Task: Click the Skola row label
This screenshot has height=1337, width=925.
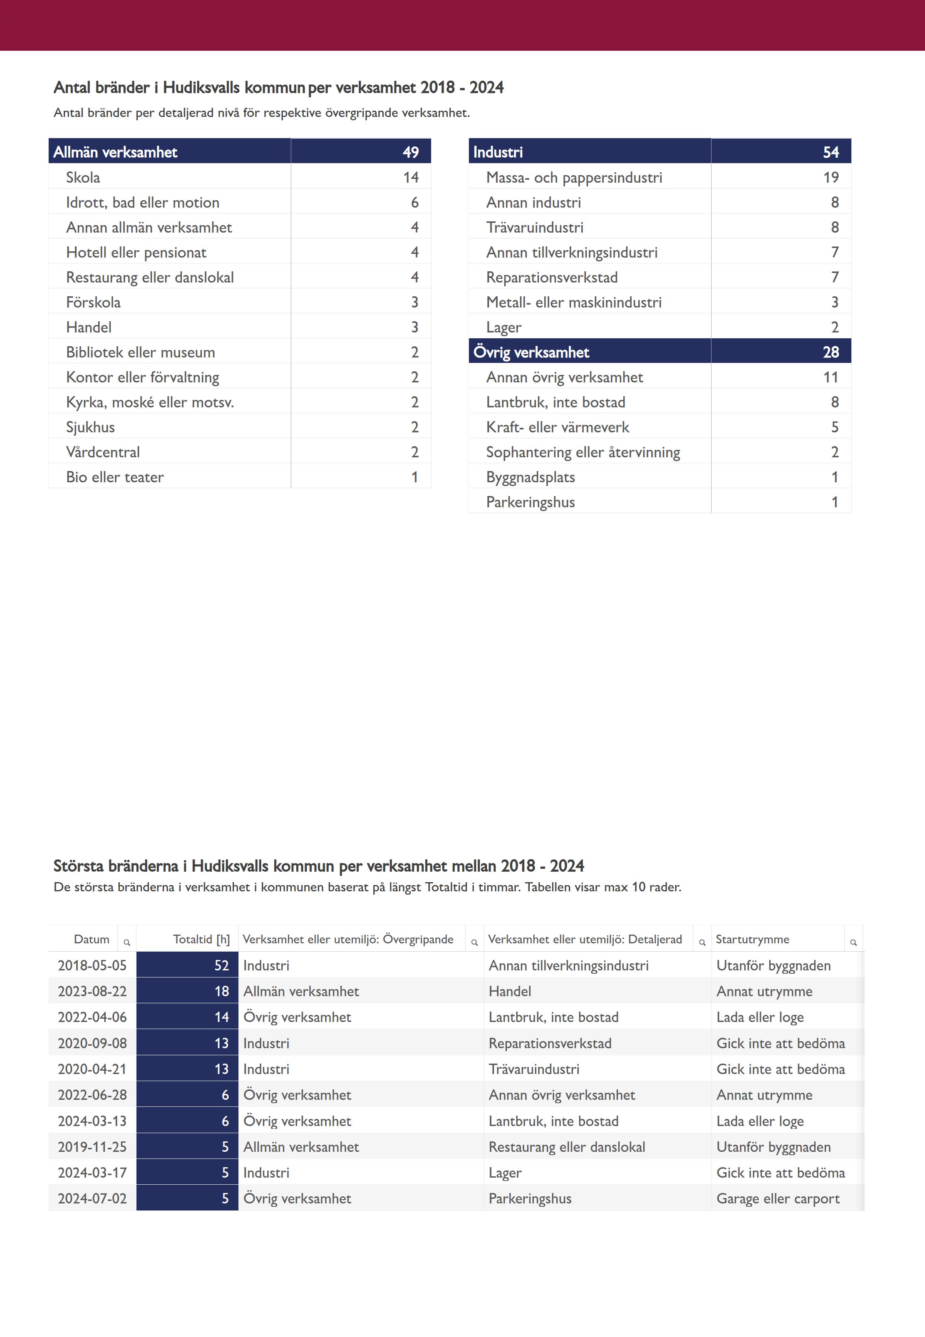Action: tap(83, 177)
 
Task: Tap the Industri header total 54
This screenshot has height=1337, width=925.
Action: tap(831, 152)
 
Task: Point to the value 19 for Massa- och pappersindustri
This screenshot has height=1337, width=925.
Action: tap(831, 177)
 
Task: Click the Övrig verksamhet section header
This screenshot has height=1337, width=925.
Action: tap(531, 352)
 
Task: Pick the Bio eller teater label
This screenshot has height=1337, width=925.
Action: tap(115, 477)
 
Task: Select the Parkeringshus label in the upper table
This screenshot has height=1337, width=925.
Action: tap(530, 502)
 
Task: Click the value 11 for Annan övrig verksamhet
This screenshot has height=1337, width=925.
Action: tap(831, 377)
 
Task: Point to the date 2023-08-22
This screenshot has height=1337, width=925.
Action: tap(92, 991)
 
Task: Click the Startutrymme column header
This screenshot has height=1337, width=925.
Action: tap(752, 939)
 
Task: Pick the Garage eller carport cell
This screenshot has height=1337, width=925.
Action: tap(778, 1198)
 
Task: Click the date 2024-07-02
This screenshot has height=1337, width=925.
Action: tap(92, 1198)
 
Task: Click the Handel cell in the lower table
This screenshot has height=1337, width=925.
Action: tap(509, 991)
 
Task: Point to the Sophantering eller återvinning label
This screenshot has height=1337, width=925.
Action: tap(583, 452)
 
